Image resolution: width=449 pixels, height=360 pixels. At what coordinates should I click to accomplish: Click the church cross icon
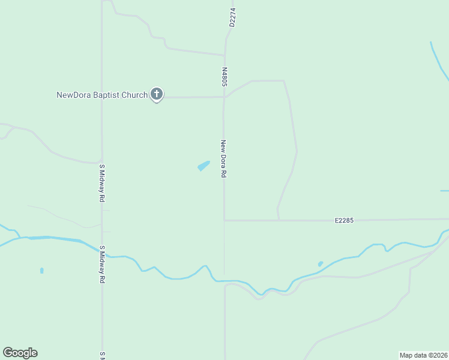157,94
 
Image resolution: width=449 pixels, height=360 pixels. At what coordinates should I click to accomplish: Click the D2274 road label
232,17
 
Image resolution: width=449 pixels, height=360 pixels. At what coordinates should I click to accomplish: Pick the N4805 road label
224,76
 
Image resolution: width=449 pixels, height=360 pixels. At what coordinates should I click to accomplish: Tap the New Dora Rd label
223,158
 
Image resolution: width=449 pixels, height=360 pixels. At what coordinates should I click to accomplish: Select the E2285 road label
344,220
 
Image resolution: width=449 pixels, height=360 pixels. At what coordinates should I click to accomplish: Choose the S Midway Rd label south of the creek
102,264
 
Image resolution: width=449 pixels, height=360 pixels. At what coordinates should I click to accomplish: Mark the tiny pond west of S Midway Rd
41,271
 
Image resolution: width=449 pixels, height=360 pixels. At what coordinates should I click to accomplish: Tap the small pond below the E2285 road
321,263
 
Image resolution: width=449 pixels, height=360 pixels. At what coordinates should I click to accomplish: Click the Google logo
20,353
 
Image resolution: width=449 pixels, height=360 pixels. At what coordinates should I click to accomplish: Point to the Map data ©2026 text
423,355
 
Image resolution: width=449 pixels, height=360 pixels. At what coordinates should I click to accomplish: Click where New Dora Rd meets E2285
224,220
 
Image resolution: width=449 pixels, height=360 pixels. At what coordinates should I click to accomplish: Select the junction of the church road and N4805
224,97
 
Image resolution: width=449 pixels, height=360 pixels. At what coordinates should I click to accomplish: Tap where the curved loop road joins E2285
279,220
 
